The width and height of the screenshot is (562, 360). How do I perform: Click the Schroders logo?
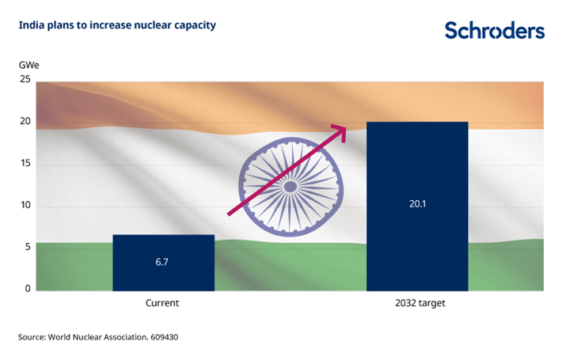click(x=494, y=30)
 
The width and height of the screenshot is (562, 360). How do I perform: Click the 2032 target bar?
click(x=417, y=206)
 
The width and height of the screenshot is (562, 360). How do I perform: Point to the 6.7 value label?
click(x=164, y=261)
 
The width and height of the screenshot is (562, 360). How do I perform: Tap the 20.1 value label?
click(x=417, y=203)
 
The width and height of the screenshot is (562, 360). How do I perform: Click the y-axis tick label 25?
click(x=26, y=80)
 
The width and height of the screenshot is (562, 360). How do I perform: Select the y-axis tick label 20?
click(x=26, y=122)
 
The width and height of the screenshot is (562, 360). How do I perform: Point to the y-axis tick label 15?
click(x=26, y=164)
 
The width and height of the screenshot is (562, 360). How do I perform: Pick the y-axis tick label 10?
click(x=26, y=206)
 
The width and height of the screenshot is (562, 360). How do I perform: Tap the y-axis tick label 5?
click(x=28, y=247)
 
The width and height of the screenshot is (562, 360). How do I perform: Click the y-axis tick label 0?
click(x=28, y=289)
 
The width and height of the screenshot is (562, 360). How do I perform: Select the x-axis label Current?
click(x=162, y=303)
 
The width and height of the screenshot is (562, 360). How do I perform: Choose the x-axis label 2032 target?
click(x=417, y=303)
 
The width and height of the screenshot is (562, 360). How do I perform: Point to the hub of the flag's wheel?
click(x=290, y=187)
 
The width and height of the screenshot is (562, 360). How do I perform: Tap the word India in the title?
click(x=32, y=25)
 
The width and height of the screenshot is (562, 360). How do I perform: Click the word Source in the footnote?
click(x=33, y=338)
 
